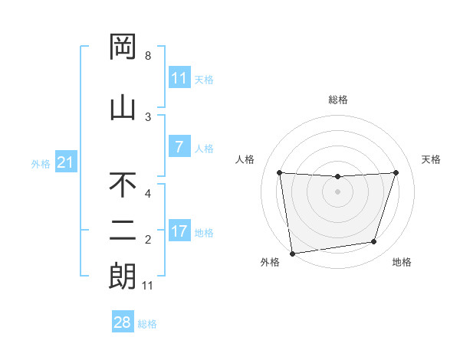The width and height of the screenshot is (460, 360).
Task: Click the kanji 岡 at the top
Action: (123, 47)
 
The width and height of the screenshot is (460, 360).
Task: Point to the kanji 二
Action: (123, 231)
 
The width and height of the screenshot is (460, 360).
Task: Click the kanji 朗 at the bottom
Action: (123, 276)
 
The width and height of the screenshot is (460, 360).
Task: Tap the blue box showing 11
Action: (179, 78)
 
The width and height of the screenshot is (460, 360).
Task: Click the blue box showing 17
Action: (179, 231)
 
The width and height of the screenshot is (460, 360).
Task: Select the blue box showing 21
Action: (65, 163)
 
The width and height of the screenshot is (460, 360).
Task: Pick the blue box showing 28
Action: (123, 322)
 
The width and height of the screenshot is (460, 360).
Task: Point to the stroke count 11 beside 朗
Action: (148, 286)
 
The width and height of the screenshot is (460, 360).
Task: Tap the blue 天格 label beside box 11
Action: (204, 79)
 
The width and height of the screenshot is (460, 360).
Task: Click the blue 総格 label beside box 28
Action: (147, 324)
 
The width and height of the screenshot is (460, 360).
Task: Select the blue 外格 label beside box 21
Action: (40, 164)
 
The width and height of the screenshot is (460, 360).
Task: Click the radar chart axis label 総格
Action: (337, 100)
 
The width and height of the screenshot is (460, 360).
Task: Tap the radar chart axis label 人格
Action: (245, 159)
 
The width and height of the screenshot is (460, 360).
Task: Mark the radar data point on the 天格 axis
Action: (396, 172)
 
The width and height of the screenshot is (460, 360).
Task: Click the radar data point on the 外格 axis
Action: (292, 253)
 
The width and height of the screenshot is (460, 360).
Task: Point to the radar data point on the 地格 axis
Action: (374, 242)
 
